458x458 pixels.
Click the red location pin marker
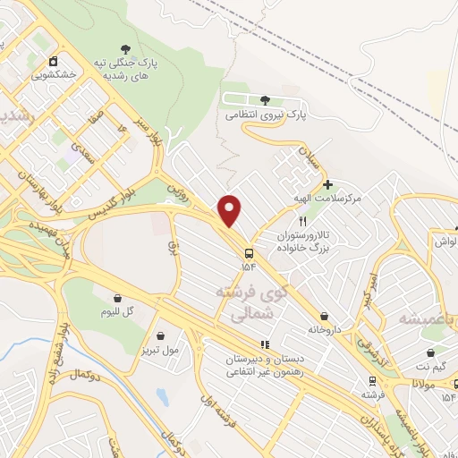[230, 210]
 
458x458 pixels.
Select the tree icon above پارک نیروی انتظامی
[265, 100]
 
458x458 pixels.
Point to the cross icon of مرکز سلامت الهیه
[328, 184]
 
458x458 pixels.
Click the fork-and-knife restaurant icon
[303, 220]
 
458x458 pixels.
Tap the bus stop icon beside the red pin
[247, 252]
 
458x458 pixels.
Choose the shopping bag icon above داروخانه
[323, 316]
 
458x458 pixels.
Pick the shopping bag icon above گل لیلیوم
[117, 298]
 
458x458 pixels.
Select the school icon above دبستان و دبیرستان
[264, 344]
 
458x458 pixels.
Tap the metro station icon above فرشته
[368, 380]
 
